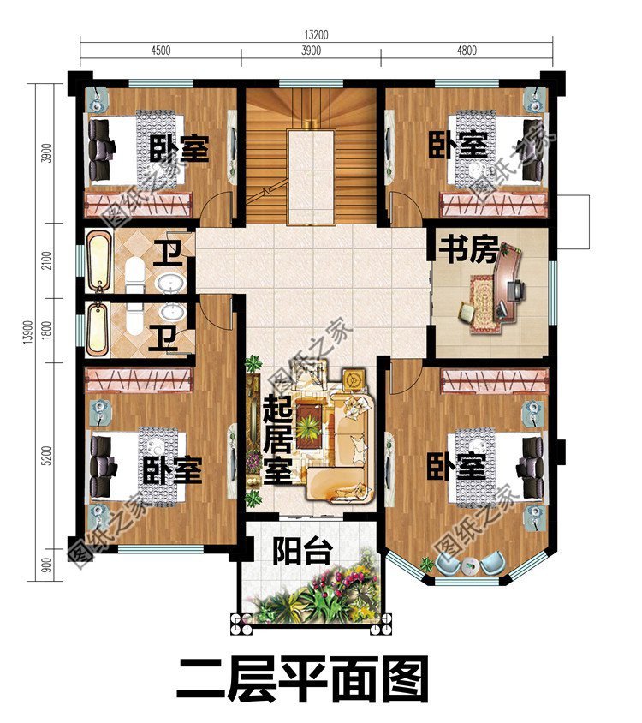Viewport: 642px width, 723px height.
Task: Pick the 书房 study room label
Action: click(468, 250)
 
